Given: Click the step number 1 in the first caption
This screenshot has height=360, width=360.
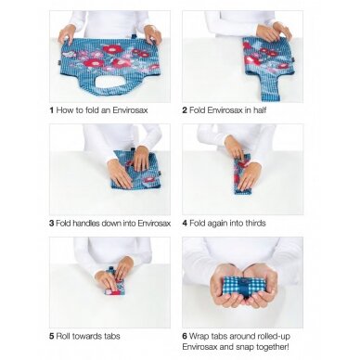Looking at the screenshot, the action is pyautogui.click(x=51, y=110).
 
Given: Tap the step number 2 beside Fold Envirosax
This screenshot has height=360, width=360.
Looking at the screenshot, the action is pyautogui.click(x=185, y=110).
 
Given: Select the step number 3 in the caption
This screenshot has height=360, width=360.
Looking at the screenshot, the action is pyautogui.click(x=52, y=223).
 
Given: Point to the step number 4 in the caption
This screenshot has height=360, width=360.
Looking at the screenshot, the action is pyautogui.click(x=185, y=223).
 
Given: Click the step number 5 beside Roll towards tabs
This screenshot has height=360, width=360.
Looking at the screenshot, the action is pyautogui.click(x=52, y=336).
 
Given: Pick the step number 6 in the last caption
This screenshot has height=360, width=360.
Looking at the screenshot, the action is pyautogui.click(x=185, y=336).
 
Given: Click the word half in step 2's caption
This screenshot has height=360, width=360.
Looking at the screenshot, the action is pyautogui.click(x=260, y=110).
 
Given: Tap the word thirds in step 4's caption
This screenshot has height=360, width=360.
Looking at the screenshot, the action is pyautogui.click(x=255, y=223).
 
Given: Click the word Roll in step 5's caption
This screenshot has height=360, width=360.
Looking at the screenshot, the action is pyautogui.click(x=62, y=336).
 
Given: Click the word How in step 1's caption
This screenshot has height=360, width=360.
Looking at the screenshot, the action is pyautogui.click(x=64, y=110).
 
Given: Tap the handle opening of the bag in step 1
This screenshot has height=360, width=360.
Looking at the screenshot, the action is pyautogui.click(x=109, y=82).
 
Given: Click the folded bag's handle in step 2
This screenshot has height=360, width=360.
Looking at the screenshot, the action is pyautogui.click(x=268, y=88).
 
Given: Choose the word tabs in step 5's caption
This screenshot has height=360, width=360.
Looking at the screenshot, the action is pyautogui.click(x=112, y=336).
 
